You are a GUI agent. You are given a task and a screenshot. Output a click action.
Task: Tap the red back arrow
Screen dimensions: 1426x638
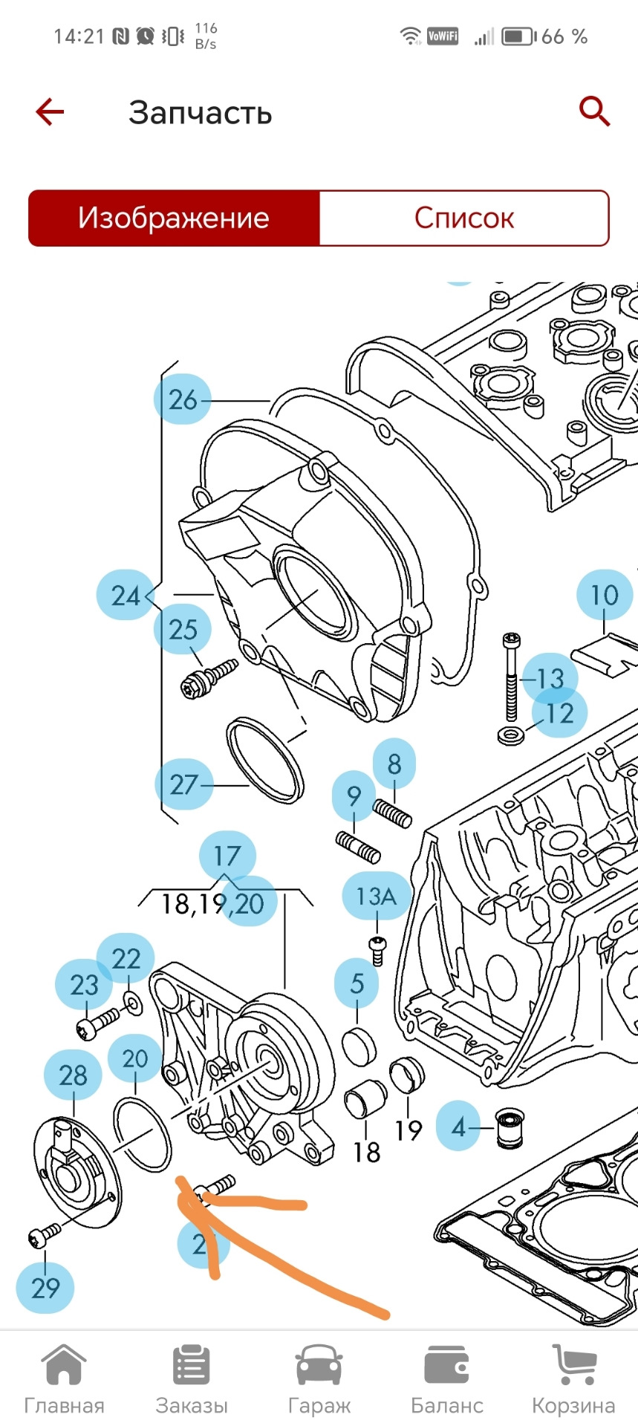coord(50,113)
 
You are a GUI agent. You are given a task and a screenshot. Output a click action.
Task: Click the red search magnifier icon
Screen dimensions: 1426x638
coord(594,112)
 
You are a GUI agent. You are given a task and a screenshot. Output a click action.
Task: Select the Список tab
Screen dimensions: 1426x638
coord(463,218)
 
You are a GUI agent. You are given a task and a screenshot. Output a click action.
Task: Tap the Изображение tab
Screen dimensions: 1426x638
coord(174,218)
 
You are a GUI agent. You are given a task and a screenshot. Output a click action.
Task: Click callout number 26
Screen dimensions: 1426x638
coord(182,400)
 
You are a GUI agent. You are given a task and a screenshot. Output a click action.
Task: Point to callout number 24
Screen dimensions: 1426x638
coord(125,596)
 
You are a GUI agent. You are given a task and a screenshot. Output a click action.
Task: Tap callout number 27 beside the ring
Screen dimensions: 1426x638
coord(183,784)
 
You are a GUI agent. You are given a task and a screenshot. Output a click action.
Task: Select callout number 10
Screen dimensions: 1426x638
coord(604,595)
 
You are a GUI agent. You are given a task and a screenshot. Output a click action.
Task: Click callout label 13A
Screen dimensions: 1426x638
coord(376,896)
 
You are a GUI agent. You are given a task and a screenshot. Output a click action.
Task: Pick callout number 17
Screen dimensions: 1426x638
coord(227,856)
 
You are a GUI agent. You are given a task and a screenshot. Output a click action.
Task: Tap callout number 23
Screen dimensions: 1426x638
coord(84,986)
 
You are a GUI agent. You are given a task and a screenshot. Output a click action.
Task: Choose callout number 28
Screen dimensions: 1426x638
coord(73,1075)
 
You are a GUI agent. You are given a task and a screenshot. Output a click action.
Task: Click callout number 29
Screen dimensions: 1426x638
coord(45,1288)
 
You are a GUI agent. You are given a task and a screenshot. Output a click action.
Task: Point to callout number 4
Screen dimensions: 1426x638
coord(458,1127)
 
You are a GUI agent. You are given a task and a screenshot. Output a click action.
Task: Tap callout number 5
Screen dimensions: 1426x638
coord(357,983)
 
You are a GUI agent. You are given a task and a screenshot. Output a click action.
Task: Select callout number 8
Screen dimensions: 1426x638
coord(394,764)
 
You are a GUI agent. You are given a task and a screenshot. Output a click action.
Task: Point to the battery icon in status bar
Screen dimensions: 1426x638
coord(518,36)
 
